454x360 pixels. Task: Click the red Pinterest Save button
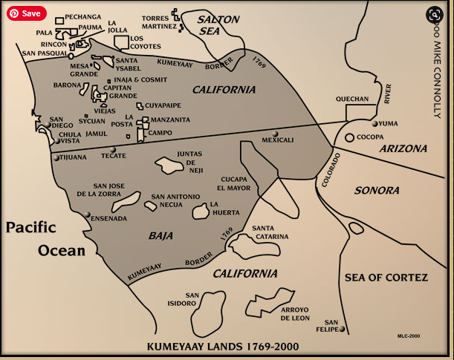coord(27,13)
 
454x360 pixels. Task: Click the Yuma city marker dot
coord(375,124)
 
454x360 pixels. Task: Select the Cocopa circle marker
coord(349,137)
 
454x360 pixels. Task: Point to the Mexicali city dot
coord(276,134)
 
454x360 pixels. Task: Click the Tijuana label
coord(73,157)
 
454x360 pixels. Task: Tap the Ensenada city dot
coord(88,215)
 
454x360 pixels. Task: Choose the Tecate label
coord(114,157)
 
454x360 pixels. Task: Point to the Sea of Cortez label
coord(386,278)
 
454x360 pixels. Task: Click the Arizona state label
coord(403,148)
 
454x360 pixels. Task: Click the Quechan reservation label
coord(351,98)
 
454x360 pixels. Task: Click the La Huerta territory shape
coord(199,212)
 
